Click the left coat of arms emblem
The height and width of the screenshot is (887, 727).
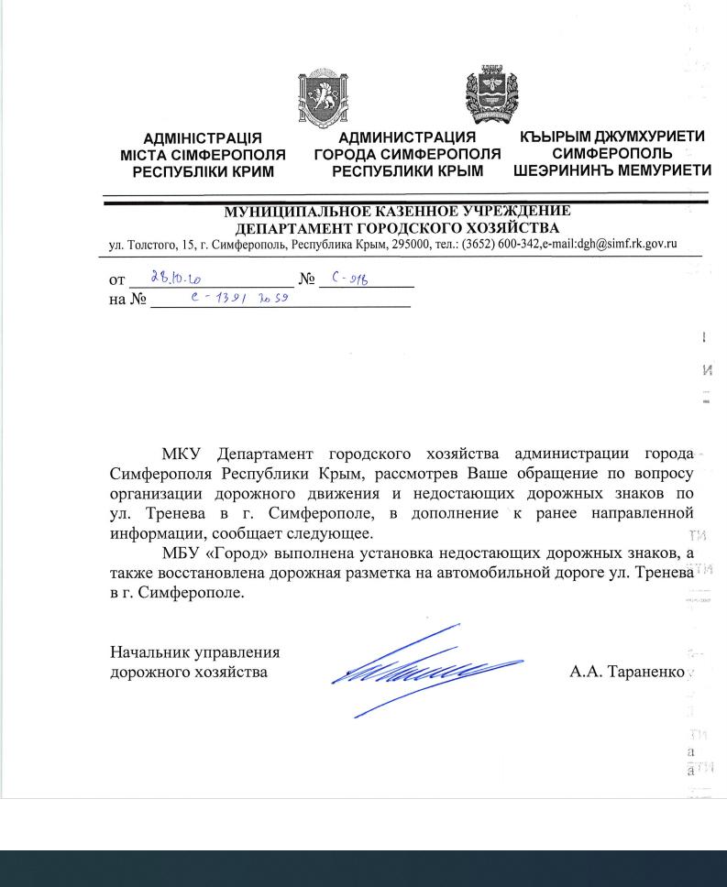click(x=319, y=98)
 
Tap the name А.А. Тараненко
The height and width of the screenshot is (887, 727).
click(x=626, y=673)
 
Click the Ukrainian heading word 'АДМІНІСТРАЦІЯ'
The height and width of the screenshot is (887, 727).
click(x=203, y=139)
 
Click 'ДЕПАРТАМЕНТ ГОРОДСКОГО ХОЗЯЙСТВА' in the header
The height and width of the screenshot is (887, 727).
click(x=397, y=228)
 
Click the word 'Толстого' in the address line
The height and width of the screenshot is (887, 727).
click(x=147, y=244)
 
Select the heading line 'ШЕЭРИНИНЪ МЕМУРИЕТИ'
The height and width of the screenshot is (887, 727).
click(x=612, y=170)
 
